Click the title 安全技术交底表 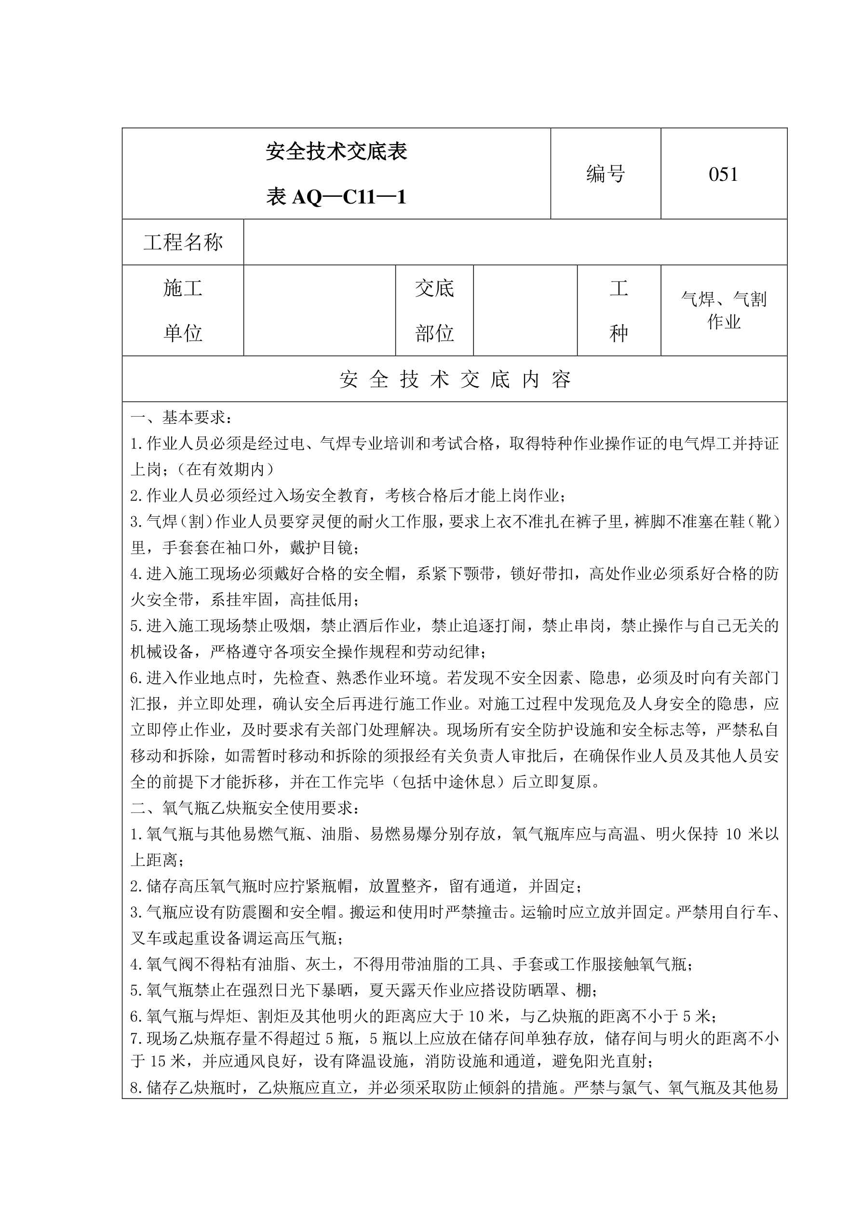tap(336, 152)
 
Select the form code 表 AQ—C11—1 tap(336, 197)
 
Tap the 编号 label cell tap(605, 174)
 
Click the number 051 tap(723, 175)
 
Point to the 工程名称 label tap(183, 243)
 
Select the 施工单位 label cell tap(183, 311)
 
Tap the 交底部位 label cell tap(434, 311)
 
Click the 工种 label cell tap(619, 311)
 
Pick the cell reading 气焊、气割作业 tap(724, 311)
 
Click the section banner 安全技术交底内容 tap(455, 379)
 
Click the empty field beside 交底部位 tap(525, 311)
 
